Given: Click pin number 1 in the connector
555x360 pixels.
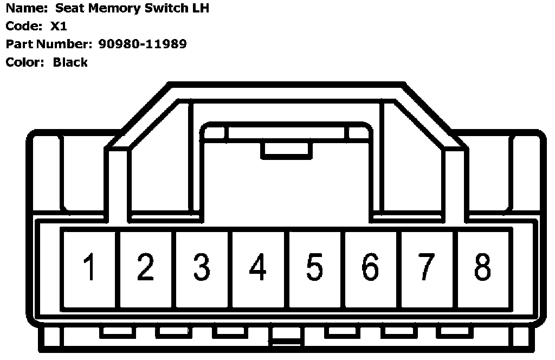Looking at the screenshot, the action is [90, 268].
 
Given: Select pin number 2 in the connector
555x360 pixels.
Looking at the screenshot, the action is [146, 268].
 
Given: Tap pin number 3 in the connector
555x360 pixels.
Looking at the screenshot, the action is [202, 268].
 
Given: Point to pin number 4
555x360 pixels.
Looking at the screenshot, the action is [259, 268].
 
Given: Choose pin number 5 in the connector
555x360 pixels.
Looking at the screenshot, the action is [314, 268].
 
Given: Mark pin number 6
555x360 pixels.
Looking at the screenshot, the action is [370, 268].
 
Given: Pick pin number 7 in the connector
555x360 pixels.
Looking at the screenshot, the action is [427, 268].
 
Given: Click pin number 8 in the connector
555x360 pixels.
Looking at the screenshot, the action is [482, 268].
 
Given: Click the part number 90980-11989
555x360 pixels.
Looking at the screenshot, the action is [143, 44].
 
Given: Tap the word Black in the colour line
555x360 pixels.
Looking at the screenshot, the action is [70, 62].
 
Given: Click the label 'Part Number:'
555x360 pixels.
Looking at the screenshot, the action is [49, 44].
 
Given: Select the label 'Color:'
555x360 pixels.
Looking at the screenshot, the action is [25, 62].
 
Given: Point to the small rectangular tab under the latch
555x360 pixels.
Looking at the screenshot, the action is [286, 151].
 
